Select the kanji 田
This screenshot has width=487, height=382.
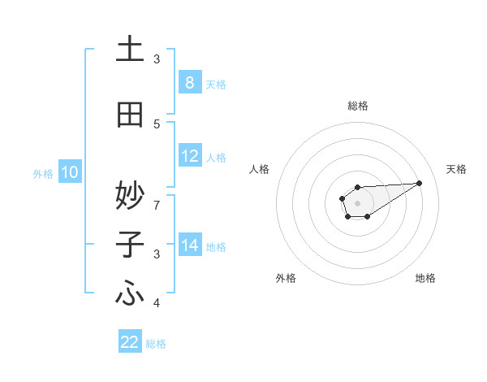click(x=130, y=115)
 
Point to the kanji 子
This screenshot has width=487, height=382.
click(x=130, y=245)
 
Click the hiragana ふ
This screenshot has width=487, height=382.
click(x=130, y=294)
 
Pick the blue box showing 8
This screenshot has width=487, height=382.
click(x=189, y=83)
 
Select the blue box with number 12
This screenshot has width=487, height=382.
click(x=189, y=157)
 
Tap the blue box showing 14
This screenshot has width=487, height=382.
click(x=189, y=246)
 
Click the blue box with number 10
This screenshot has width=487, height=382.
click(x=69, y=172)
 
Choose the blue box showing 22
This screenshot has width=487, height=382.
click(x=130, y=342)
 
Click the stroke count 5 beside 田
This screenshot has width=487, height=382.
click(x=157, y=124)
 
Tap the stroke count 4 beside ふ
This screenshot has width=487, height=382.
click(x=157, y=304)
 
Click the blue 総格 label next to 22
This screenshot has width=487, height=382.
click(x=156, y=344)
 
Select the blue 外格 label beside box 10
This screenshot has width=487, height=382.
click(x=42, y=174)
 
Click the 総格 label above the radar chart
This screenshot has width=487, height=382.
click(x=357, y=106)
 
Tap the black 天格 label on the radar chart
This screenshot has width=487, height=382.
click(x=456, y=169)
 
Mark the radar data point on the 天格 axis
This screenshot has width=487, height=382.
click(x=420, y=182)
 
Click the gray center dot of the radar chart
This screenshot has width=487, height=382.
click(x=357, y=202)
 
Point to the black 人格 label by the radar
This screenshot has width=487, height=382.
click(x=259, y=169)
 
